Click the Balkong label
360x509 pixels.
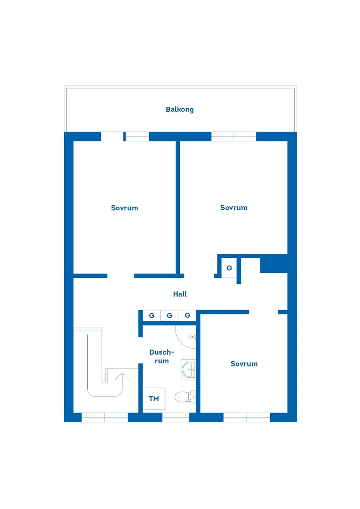pos(179,109)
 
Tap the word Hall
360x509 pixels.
pos(180,294)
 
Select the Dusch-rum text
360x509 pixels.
pos(161,356)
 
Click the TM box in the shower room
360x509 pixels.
pos(154,399)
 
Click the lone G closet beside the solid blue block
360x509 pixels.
pos(229,268)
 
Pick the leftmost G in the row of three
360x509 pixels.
pos(151,315)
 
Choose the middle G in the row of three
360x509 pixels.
pos(169,315)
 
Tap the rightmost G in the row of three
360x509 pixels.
pos(187,315)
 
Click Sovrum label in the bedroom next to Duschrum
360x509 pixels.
pos(244,364)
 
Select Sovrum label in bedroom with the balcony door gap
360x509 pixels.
pos(124,208)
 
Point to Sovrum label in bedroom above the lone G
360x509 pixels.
pos(233,208)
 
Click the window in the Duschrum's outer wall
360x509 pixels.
pos(176,417)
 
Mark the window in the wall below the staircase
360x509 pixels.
pos(105,417)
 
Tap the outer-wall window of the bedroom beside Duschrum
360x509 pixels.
pos(247,417)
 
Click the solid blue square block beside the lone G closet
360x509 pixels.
pos(274,263)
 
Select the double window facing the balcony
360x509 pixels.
pos(234,136)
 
